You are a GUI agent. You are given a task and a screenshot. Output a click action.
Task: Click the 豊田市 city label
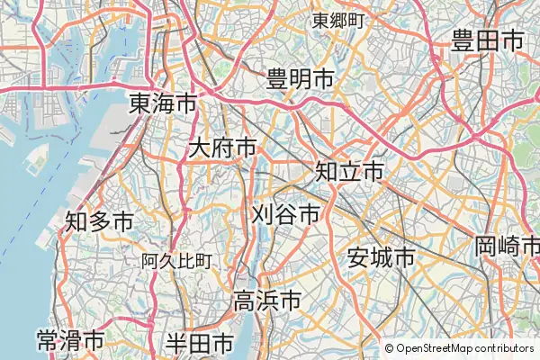click(488, 41)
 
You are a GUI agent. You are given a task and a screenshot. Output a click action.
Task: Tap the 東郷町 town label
click(337, 20)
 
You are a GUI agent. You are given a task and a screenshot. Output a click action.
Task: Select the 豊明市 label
click(301, 80)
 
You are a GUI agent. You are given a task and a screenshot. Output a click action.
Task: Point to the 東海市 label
click(163, 103)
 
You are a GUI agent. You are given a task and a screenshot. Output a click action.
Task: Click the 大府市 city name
click(222, 148)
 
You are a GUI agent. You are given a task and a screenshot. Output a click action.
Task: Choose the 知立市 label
click(349, 170)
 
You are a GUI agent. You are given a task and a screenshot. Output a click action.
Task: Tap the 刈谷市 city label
click(285, 214)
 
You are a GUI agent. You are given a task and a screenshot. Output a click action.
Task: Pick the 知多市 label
click(99, 220)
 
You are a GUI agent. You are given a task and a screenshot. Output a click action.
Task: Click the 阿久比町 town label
click(176, 261)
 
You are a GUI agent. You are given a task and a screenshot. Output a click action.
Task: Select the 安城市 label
click(382, 258)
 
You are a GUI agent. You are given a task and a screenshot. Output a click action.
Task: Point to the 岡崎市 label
click(508, 245)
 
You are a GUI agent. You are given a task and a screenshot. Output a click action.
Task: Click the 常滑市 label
click(70, 342)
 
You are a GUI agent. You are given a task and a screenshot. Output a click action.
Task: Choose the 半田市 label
click(200, 343)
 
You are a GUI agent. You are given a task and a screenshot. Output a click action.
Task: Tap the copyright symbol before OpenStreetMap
click(389, 348)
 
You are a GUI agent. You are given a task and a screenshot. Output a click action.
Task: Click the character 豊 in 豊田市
click(463, 41)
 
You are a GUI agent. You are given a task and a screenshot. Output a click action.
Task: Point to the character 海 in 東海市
click(163, 103)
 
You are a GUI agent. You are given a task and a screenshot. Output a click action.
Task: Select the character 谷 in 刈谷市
click(285, 214)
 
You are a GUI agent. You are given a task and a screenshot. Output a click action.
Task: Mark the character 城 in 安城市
click(382, 258)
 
